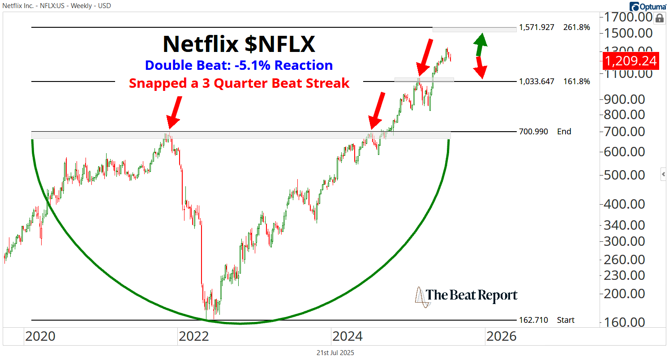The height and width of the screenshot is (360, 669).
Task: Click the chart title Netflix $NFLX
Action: pos(239,44)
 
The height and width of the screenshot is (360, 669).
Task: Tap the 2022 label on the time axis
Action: pos(193,336)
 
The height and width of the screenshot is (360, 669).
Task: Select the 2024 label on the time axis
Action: pos(347,336)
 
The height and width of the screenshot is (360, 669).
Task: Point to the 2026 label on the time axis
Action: pos(501,336)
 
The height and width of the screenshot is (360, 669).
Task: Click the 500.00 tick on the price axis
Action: pos(625,175)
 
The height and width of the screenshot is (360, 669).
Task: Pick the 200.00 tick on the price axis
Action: pos(625,294)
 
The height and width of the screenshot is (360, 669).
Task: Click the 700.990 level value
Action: pos(533,132)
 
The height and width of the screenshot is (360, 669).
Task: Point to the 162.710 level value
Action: pos(533,320)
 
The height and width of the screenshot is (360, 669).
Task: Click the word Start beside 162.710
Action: pos(566,320)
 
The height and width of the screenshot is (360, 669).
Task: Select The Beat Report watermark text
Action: pos(471,295)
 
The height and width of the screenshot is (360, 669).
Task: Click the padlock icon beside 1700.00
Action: pos(659,18)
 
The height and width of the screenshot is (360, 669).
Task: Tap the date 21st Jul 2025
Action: pos(334,353)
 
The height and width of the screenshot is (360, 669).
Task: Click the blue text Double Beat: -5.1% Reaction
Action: pos(239,65)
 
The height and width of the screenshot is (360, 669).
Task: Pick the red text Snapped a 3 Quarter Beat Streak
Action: pos(239,83)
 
